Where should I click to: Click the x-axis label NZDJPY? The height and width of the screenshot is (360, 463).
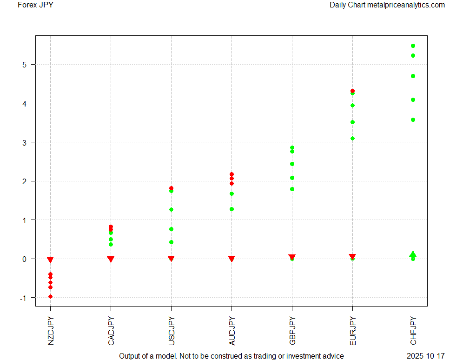click(x=50, y=331)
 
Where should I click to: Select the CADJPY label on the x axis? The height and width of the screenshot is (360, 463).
click(x=111, y=331)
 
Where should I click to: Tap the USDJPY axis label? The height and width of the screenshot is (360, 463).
click(x=171, y=331)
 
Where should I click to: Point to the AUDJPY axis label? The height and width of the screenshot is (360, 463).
click(x=231, y=331)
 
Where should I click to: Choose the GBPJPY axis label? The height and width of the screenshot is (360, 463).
click(x=292, y=331)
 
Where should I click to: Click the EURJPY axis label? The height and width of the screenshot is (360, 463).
click(x=352, y=331)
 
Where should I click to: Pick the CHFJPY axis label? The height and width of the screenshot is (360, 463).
click(x=413, y=331)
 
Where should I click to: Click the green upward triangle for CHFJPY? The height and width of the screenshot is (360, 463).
click(x=413, y=254)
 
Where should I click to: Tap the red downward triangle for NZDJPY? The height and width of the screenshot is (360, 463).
click(x=50, y=260)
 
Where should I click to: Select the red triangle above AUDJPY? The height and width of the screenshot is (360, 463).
click(x=231, y=259)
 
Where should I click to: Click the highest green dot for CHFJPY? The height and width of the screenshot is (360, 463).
click(x=413, y=46)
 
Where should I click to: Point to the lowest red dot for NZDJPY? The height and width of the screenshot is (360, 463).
click(x=50, y=296)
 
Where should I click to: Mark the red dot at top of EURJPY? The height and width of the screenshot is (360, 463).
click(x=352, y=91)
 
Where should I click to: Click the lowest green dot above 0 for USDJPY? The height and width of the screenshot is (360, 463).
click(x=171, y=242)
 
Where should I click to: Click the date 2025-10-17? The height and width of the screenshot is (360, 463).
click(x=425, y=356)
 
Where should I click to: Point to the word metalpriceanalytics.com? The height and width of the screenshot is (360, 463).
click(x=405, y=5)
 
